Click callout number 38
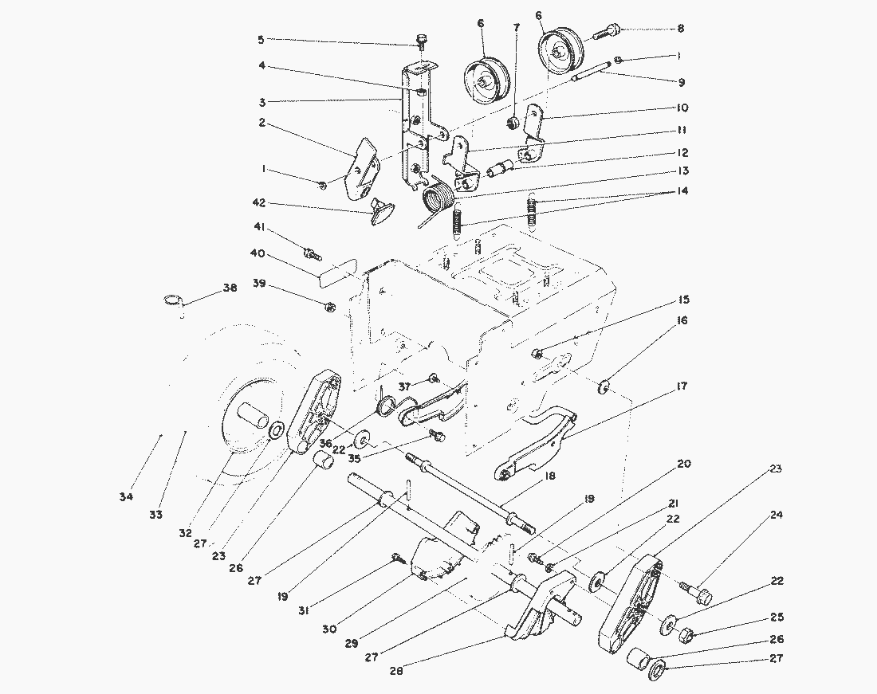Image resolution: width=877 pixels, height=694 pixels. pyautogui.click(x=230, y=288)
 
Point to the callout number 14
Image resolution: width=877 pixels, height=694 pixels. pyautogui.click(x=681, y=191)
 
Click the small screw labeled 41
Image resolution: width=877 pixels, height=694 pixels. pyautogui.click(x=311, y=254)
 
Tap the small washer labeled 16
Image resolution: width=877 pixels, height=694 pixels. pyautogui.click(x=604, y=388)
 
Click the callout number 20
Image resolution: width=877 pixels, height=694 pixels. pyautogui.click(x=684, y=464)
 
